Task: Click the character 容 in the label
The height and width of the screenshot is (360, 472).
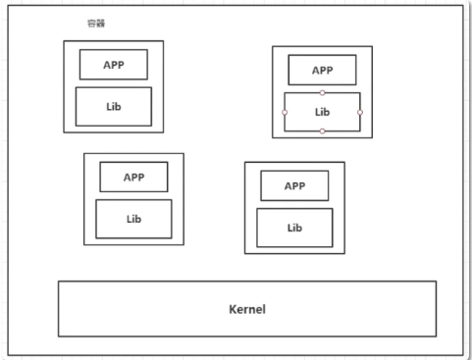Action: pyautogui.click(x=91, y=24)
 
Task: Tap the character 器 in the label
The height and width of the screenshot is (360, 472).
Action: pyautogui.click(x=100, y=24)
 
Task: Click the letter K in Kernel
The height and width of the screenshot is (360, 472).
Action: pyautogui.click(x=233, y=309)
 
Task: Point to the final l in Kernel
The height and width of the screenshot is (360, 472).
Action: pyautogui.click(x=264, y=309)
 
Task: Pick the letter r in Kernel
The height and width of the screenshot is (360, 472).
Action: pyautogui.click(x=246, y=310)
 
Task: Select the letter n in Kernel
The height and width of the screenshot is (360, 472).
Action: pyautogui.click(x=252, y=310)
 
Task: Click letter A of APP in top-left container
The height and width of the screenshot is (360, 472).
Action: pyautogui.click(x=107, y=65)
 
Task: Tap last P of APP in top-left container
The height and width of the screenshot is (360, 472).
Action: pyautogui.click(x=121, y=65)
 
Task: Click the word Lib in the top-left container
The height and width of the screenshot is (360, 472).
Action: pyautogui.click(x=114, y=107)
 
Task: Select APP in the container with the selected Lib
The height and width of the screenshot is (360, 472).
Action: pyautogui.click(x=322, y=71)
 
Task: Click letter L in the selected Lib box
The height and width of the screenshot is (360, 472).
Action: pyautogui.click(x=317, y=112)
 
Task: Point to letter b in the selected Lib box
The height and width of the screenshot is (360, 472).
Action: pyautogui.click(x=327, y=112)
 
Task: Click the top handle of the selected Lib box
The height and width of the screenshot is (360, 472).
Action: pyautogui.click(x=322, y=93)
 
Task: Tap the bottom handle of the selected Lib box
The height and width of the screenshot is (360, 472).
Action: pyautogui.click(x=322, y=131)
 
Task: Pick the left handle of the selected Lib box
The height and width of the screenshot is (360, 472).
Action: pyautogui.click(x=285, y=112)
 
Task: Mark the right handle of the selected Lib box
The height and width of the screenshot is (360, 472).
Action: pyautogui.click(x=360, y=112)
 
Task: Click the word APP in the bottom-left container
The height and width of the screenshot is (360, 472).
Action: pyautogui.click(x=133, y=178)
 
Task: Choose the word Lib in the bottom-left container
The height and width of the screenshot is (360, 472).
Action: pyautogui.click(x=133, y=219)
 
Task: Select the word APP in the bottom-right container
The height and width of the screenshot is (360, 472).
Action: pyautogui.click(x=294, y=186)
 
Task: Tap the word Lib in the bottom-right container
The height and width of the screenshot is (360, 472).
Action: pyautogui.click(x=294, y=228)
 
